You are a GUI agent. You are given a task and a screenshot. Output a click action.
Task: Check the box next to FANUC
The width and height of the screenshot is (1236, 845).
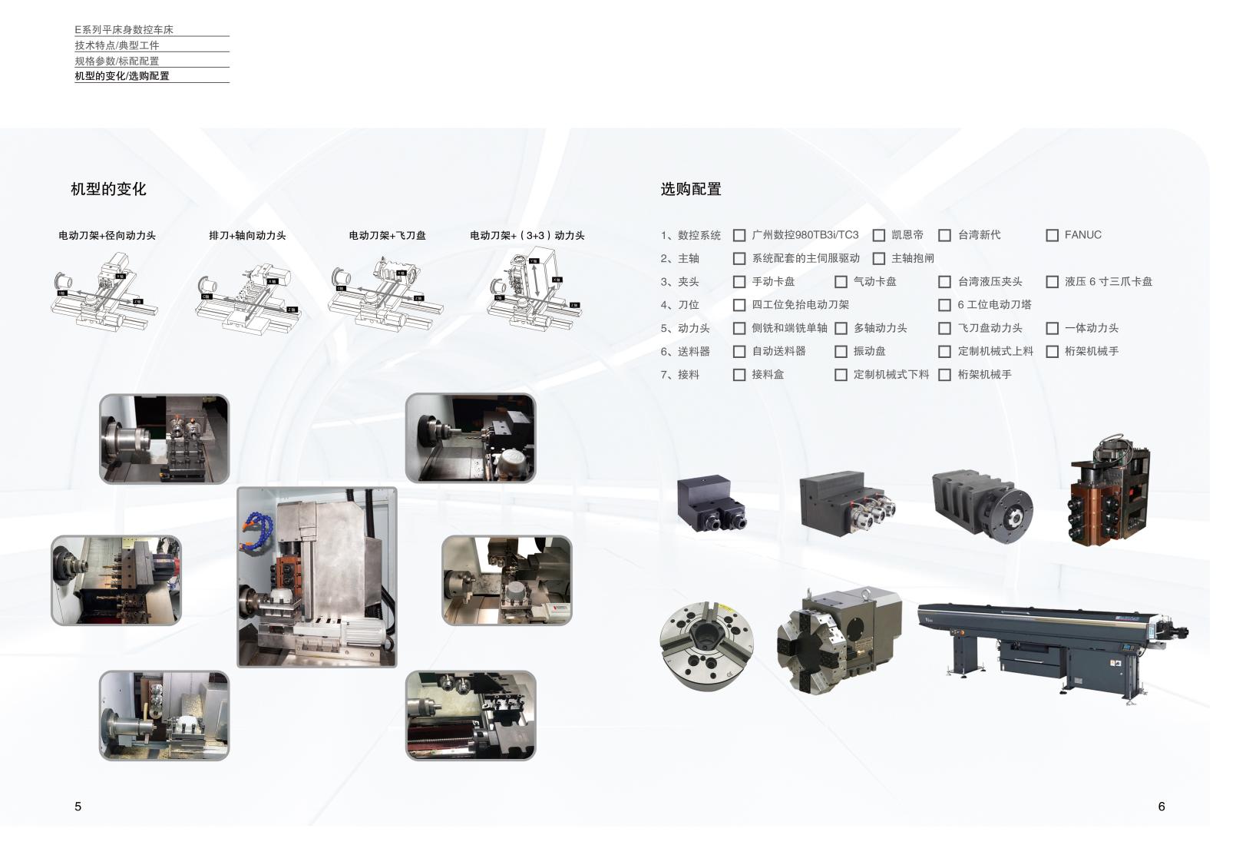[x=1052, y=235]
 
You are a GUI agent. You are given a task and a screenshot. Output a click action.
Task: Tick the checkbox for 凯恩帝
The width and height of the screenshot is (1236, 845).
[x=879, y=235]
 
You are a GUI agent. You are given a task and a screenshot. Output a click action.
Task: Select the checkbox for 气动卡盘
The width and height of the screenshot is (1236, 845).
[x=841, y=282]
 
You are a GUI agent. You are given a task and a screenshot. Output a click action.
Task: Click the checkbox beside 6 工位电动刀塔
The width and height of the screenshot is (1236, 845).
[x=944, y=305]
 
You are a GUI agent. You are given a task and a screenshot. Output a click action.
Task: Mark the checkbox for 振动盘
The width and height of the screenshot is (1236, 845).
[x=841, y=352]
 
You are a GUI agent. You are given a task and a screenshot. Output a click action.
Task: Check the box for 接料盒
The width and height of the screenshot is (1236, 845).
[x=739, y=375]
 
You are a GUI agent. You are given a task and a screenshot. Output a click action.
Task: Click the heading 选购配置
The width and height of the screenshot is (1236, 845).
[x=691, y=189]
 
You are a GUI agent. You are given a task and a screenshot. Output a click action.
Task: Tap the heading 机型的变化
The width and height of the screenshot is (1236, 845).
[x=108, y=189]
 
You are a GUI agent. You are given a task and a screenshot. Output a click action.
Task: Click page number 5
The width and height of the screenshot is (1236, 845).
[x=78, y=806]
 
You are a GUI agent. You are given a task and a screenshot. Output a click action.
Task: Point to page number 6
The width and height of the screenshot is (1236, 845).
[x=1162, y=806]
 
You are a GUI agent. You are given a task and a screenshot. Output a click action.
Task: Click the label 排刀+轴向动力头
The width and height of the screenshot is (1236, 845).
[x=247, y=236]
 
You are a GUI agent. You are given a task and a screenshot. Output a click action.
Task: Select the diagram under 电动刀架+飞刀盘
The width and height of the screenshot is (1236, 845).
[x=386, y=290]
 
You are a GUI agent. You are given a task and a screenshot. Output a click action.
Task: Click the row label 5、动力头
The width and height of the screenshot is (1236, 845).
[x=685, y=328]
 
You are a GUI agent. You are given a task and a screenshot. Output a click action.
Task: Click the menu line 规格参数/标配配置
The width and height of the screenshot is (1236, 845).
[x=117, y=61]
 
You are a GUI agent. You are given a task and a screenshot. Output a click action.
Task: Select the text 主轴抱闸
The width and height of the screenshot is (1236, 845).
[x=912, y=258]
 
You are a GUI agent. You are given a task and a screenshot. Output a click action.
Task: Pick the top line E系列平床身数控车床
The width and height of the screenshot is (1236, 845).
[x=124, y=30]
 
